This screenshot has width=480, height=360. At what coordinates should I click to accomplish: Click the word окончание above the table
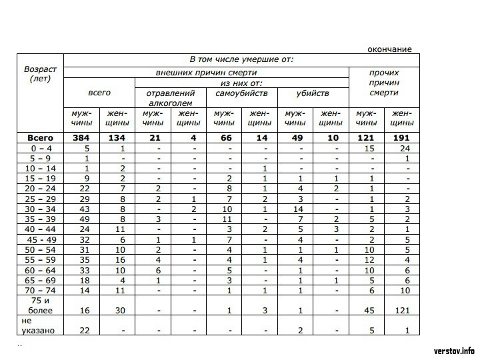tap(389, 49)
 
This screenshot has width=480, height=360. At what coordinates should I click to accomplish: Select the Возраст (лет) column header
tap(41, 74)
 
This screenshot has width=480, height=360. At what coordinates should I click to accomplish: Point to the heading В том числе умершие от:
tap(241, 59)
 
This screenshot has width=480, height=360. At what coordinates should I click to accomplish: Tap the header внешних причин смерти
tap(206, 72)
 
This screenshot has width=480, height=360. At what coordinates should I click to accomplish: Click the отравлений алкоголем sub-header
tap(170, 98)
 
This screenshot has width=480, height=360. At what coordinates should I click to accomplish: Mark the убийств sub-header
tap(313, 93)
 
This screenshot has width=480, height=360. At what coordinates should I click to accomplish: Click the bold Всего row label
tap(41, 137)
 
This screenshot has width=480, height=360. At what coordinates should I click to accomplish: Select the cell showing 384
tap(81, 137)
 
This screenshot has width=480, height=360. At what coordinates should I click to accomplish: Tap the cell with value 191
tap(401, 137)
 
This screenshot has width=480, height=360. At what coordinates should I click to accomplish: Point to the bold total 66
tap(224, 137)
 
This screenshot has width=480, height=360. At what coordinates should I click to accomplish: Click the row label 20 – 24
tap(41, 189)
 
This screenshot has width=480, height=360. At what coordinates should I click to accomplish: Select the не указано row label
tap(40, 325)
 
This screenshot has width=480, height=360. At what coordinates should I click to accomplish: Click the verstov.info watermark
tap(453, 350)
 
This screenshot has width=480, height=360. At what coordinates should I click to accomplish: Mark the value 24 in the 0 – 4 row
tap(401, 148)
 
